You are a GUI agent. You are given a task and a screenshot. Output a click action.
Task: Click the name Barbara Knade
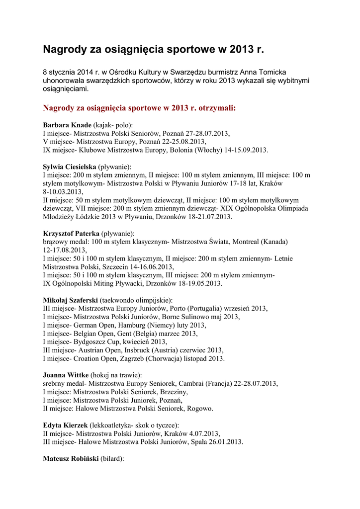pos(67,125)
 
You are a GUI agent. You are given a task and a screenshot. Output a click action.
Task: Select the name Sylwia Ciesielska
pos(69,167)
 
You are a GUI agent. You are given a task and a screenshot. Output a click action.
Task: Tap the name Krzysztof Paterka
pos(71,233)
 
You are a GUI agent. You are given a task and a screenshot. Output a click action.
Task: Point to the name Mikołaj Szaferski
pos(70,300)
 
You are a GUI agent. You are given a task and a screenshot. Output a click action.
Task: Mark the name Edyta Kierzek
pos(65,425)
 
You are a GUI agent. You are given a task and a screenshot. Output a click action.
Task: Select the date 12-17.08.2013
pos(65,250)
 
